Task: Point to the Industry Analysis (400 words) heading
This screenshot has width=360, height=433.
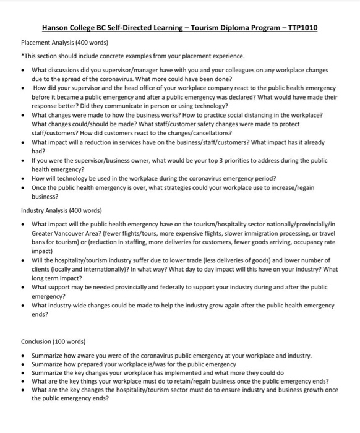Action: (61, 210)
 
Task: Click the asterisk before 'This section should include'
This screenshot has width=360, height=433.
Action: (22, 56)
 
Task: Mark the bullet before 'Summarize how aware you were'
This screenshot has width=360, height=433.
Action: (23, 356)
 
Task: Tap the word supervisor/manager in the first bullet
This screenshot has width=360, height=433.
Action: (116, 71)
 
